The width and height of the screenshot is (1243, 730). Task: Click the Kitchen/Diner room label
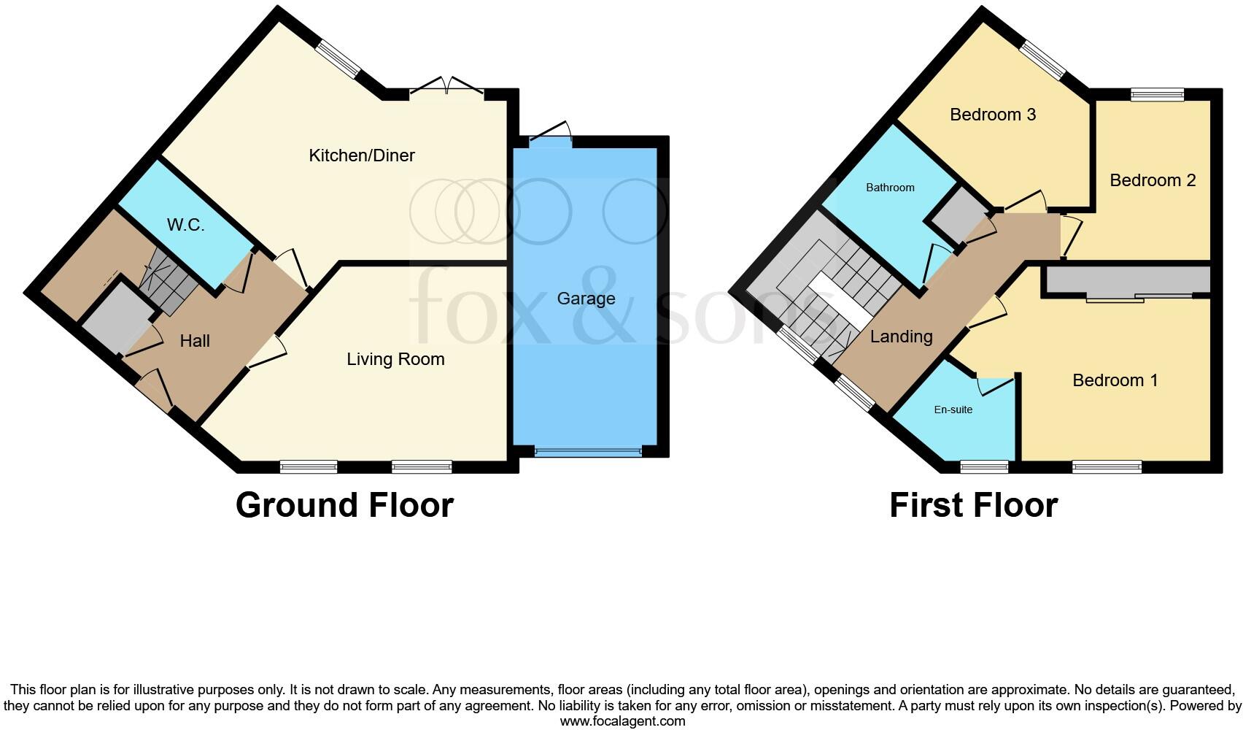click(x=362, y=155)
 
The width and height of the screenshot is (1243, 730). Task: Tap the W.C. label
click(x=185, y=225)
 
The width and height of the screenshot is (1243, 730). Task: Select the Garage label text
click(x=586, y=299)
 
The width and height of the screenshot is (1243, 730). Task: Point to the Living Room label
click(x=395, y=359)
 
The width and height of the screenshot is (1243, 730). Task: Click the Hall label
click(x=195, y=341)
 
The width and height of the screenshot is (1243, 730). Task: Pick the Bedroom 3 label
click(x=993, y=115)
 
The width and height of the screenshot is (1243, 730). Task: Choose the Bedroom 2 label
click(x=1153, y=180)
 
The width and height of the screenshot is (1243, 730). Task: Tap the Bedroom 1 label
click(x=1115, y=380)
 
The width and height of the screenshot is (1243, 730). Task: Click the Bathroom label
click(x=890, y=188)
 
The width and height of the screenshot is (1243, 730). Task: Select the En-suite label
click(x=953, y=410)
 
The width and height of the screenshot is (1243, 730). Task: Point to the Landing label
click(x=901, y=337)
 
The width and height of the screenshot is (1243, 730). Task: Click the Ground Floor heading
click(x=344, y=505)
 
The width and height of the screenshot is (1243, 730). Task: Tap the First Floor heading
click(x=973, y=505)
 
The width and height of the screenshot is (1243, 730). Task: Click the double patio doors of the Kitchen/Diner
click(x=446, y=88)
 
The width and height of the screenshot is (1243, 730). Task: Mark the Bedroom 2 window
click(x=1157, y=94)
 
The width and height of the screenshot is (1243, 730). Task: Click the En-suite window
click(x=984, y=466)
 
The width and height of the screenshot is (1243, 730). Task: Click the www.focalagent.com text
click(x=622, y=721)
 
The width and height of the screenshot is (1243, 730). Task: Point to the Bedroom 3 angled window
click(x=1042, y=60)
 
